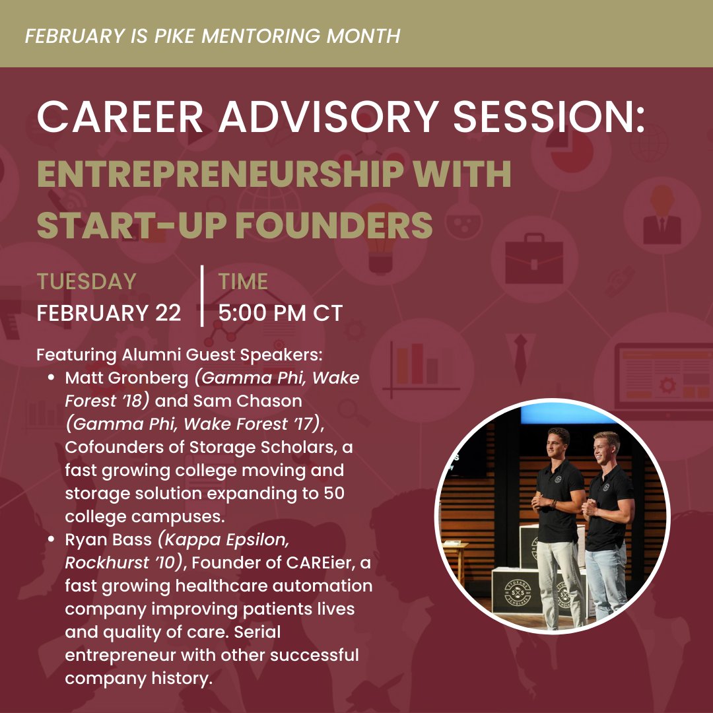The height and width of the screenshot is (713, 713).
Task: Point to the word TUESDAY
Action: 86,281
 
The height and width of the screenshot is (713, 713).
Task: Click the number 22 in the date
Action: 168,313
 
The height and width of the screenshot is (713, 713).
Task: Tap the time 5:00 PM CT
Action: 281,313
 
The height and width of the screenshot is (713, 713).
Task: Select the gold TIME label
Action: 243,281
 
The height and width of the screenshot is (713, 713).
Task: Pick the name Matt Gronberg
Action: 126,378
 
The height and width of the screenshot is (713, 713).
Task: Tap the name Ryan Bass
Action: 108,539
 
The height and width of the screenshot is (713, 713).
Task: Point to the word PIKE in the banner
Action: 172,35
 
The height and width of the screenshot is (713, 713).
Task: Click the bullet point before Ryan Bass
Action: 51,540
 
